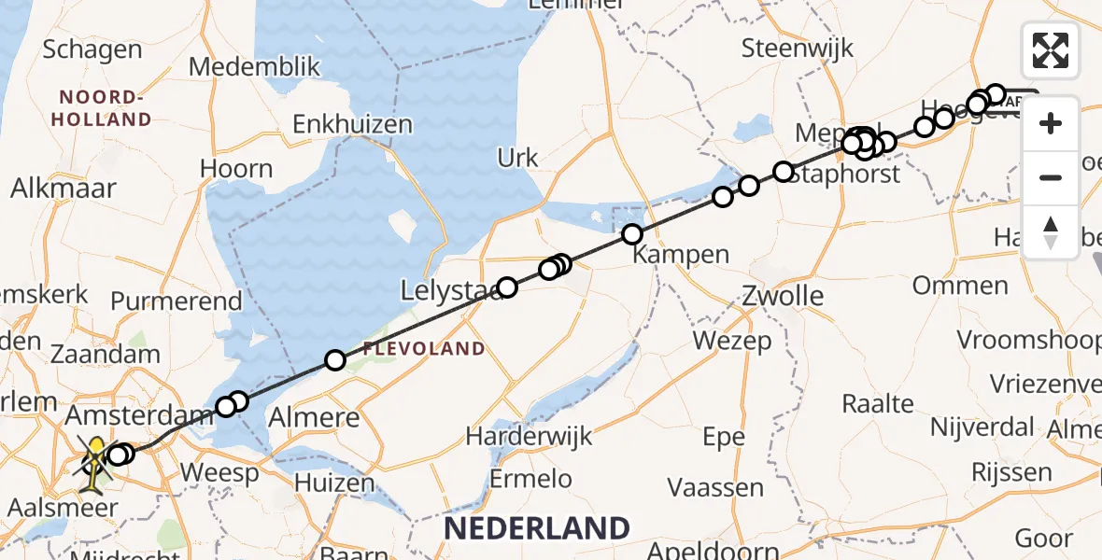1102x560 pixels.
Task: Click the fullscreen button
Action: pos(1051,49)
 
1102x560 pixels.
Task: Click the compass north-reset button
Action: pos(1051,231)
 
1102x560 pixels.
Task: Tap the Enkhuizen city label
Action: pos(352,125)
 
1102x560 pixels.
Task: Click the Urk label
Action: pos(518,158)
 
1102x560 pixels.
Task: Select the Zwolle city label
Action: pos(783,297)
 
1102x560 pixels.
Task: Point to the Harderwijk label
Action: pos(524,435)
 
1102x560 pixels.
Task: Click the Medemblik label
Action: pos(254,67)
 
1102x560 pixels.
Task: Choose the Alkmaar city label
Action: pos(64,188)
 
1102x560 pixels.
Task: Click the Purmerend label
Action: pos(176,301)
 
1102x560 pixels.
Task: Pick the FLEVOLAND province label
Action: pos(424,349)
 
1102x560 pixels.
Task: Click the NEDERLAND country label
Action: pos(536,528)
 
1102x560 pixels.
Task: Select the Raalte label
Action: pos(878,403)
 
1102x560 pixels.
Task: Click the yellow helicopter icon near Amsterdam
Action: pos(97,455)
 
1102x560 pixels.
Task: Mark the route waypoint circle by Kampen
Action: pos(632,234)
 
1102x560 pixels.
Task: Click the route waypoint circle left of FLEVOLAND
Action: pos(334,360)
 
